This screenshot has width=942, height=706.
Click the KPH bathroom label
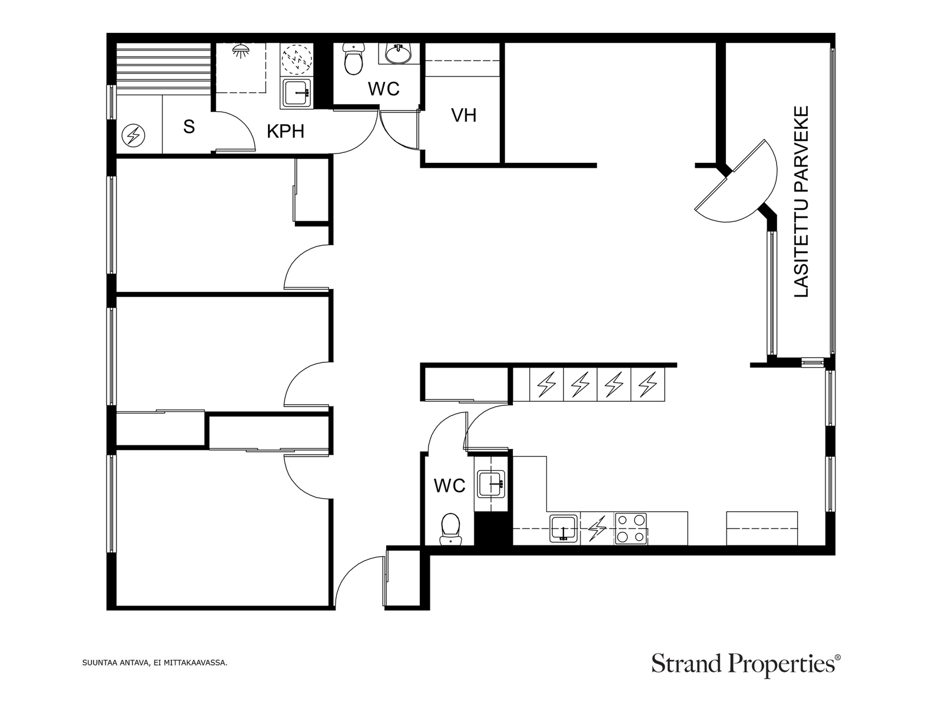(286, 131)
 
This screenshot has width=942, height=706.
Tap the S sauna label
(189, 126)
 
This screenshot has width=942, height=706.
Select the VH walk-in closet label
(463, 115)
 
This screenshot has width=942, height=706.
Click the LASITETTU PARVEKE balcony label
(801, 201)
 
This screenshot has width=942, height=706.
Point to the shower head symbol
(240, 50)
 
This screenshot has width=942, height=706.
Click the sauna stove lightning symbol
(133, 135)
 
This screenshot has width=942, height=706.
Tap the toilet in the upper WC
(354, 59)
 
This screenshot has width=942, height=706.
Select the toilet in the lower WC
(450, 529)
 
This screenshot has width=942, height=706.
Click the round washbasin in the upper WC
(398, 53)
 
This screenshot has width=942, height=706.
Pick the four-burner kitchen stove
(631, 528)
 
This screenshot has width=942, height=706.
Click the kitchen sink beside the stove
(563, 528)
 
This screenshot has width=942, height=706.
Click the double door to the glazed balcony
(735, 181)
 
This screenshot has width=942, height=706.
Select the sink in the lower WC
(492, 484)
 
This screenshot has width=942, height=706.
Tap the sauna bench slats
(164, 68)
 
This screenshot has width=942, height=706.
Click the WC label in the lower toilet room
(449, 486)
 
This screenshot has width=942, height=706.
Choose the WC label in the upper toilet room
(384, 89)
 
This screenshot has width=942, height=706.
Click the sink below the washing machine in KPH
(297, 92)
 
